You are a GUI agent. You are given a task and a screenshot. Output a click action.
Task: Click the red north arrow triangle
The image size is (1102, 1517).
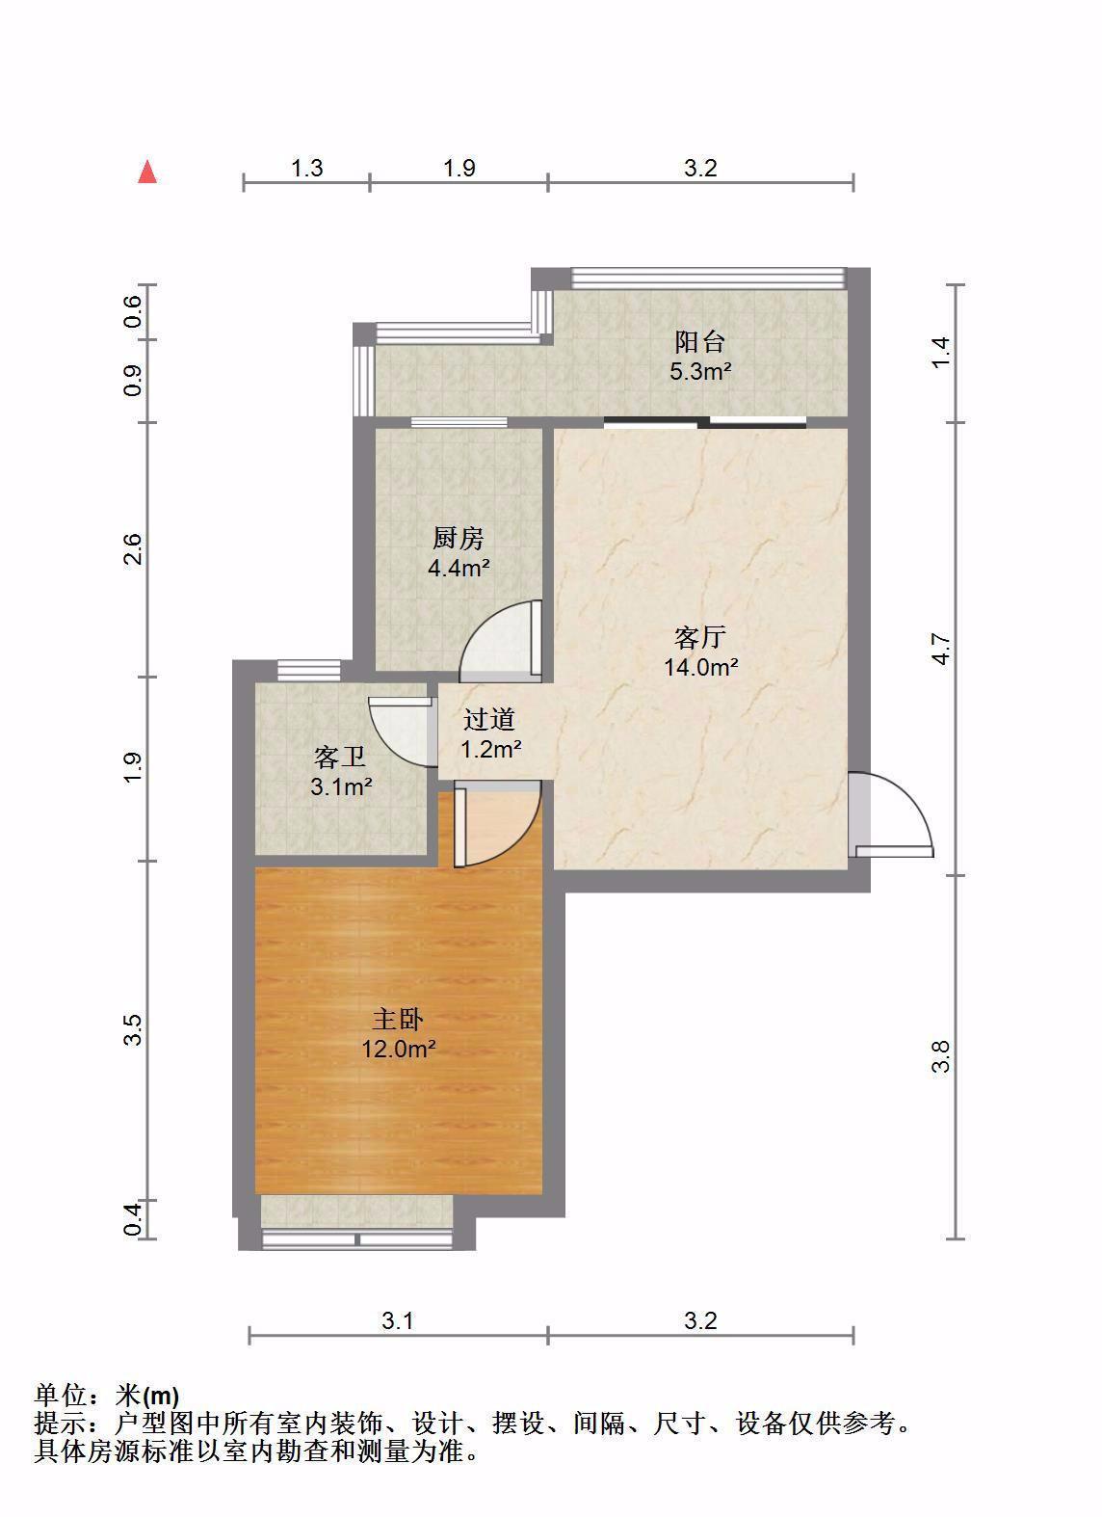click(x=147, y=172)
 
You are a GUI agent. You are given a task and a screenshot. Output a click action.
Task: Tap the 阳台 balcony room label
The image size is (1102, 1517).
click(x=700, y=341)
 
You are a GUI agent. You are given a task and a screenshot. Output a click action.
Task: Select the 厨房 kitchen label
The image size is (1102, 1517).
click(x=459, y=539)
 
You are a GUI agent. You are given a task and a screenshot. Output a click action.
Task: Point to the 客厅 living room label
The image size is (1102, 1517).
click(x=700, y=637)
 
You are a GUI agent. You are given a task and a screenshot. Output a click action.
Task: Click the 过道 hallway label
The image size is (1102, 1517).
click(x=489, y=719)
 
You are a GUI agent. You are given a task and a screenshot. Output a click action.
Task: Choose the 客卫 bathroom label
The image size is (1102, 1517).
click(x=340, y=758)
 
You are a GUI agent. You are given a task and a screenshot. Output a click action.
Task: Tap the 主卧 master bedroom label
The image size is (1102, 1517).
click(x=398, y=1020)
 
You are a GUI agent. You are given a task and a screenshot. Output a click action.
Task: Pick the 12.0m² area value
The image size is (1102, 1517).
click(x=398, y=1049)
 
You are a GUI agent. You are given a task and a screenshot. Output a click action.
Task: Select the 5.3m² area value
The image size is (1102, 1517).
click(x=700, y=371)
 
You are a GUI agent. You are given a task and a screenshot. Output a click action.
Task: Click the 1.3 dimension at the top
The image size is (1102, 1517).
click(x=306, y=168)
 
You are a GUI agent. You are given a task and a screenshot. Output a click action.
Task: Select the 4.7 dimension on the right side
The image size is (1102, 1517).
click(x=941, y=648)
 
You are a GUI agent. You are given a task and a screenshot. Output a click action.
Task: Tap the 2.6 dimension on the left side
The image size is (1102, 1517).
click(x=133, y=548)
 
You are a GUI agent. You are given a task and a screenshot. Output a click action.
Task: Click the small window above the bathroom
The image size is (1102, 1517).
click(x=308, y=671)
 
